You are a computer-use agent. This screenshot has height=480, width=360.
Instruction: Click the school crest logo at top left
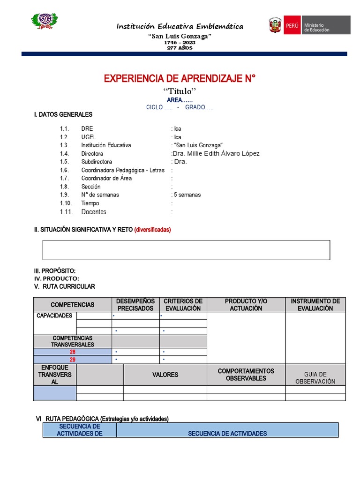pyautogui.click(x=45, y=21)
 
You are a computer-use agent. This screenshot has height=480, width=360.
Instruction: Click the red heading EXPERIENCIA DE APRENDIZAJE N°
pyautogui.click(x=180, y=78)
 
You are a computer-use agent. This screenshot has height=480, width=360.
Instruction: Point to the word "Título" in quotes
pyautogui.click(x=180, y=91)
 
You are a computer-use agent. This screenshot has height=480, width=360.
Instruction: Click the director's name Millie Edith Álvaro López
pyautogui.click(x=216, y=153)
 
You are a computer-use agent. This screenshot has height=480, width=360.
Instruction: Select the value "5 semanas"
pyautogui.click(x=187, y=195)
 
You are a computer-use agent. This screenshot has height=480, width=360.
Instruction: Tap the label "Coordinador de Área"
pyautogui.click(x=106, y=178)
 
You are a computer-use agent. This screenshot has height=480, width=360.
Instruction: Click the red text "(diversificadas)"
pyautogui.click(x=152, y=230)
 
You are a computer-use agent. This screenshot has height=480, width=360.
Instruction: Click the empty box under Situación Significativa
pyautogui.click(x=186, y=250)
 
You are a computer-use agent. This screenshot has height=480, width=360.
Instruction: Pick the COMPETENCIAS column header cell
pyautogui.click(x=72, y=305)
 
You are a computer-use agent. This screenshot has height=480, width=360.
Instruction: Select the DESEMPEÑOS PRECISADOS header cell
pyautogui.click(x=135, y=305)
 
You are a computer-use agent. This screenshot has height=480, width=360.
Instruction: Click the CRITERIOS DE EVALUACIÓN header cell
pyautogui.click(x=183, y=305)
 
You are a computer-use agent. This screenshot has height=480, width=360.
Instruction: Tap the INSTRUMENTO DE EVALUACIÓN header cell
pyautogui.click(x=315, y=305)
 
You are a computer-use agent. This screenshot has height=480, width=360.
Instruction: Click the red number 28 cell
pyautogui.click(x=72, y=352)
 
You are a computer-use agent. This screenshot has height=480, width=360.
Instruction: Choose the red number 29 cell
pyautogui.click(x=72, y=360)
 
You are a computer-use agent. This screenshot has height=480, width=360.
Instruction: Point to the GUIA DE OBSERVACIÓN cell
pyautogui.click(x=315, y=378)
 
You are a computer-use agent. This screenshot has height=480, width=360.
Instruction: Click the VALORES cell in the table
pyautogui.click(x=165, y=375)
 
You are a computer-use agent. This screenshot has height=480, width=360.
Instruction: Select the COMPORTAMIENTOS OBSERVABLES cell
pyautogui.click(x=246, y=375)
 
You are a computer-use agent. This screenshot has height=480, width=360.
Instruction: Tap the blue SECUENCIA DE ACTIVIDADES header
pyautogui.click(x=227, y=433)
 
